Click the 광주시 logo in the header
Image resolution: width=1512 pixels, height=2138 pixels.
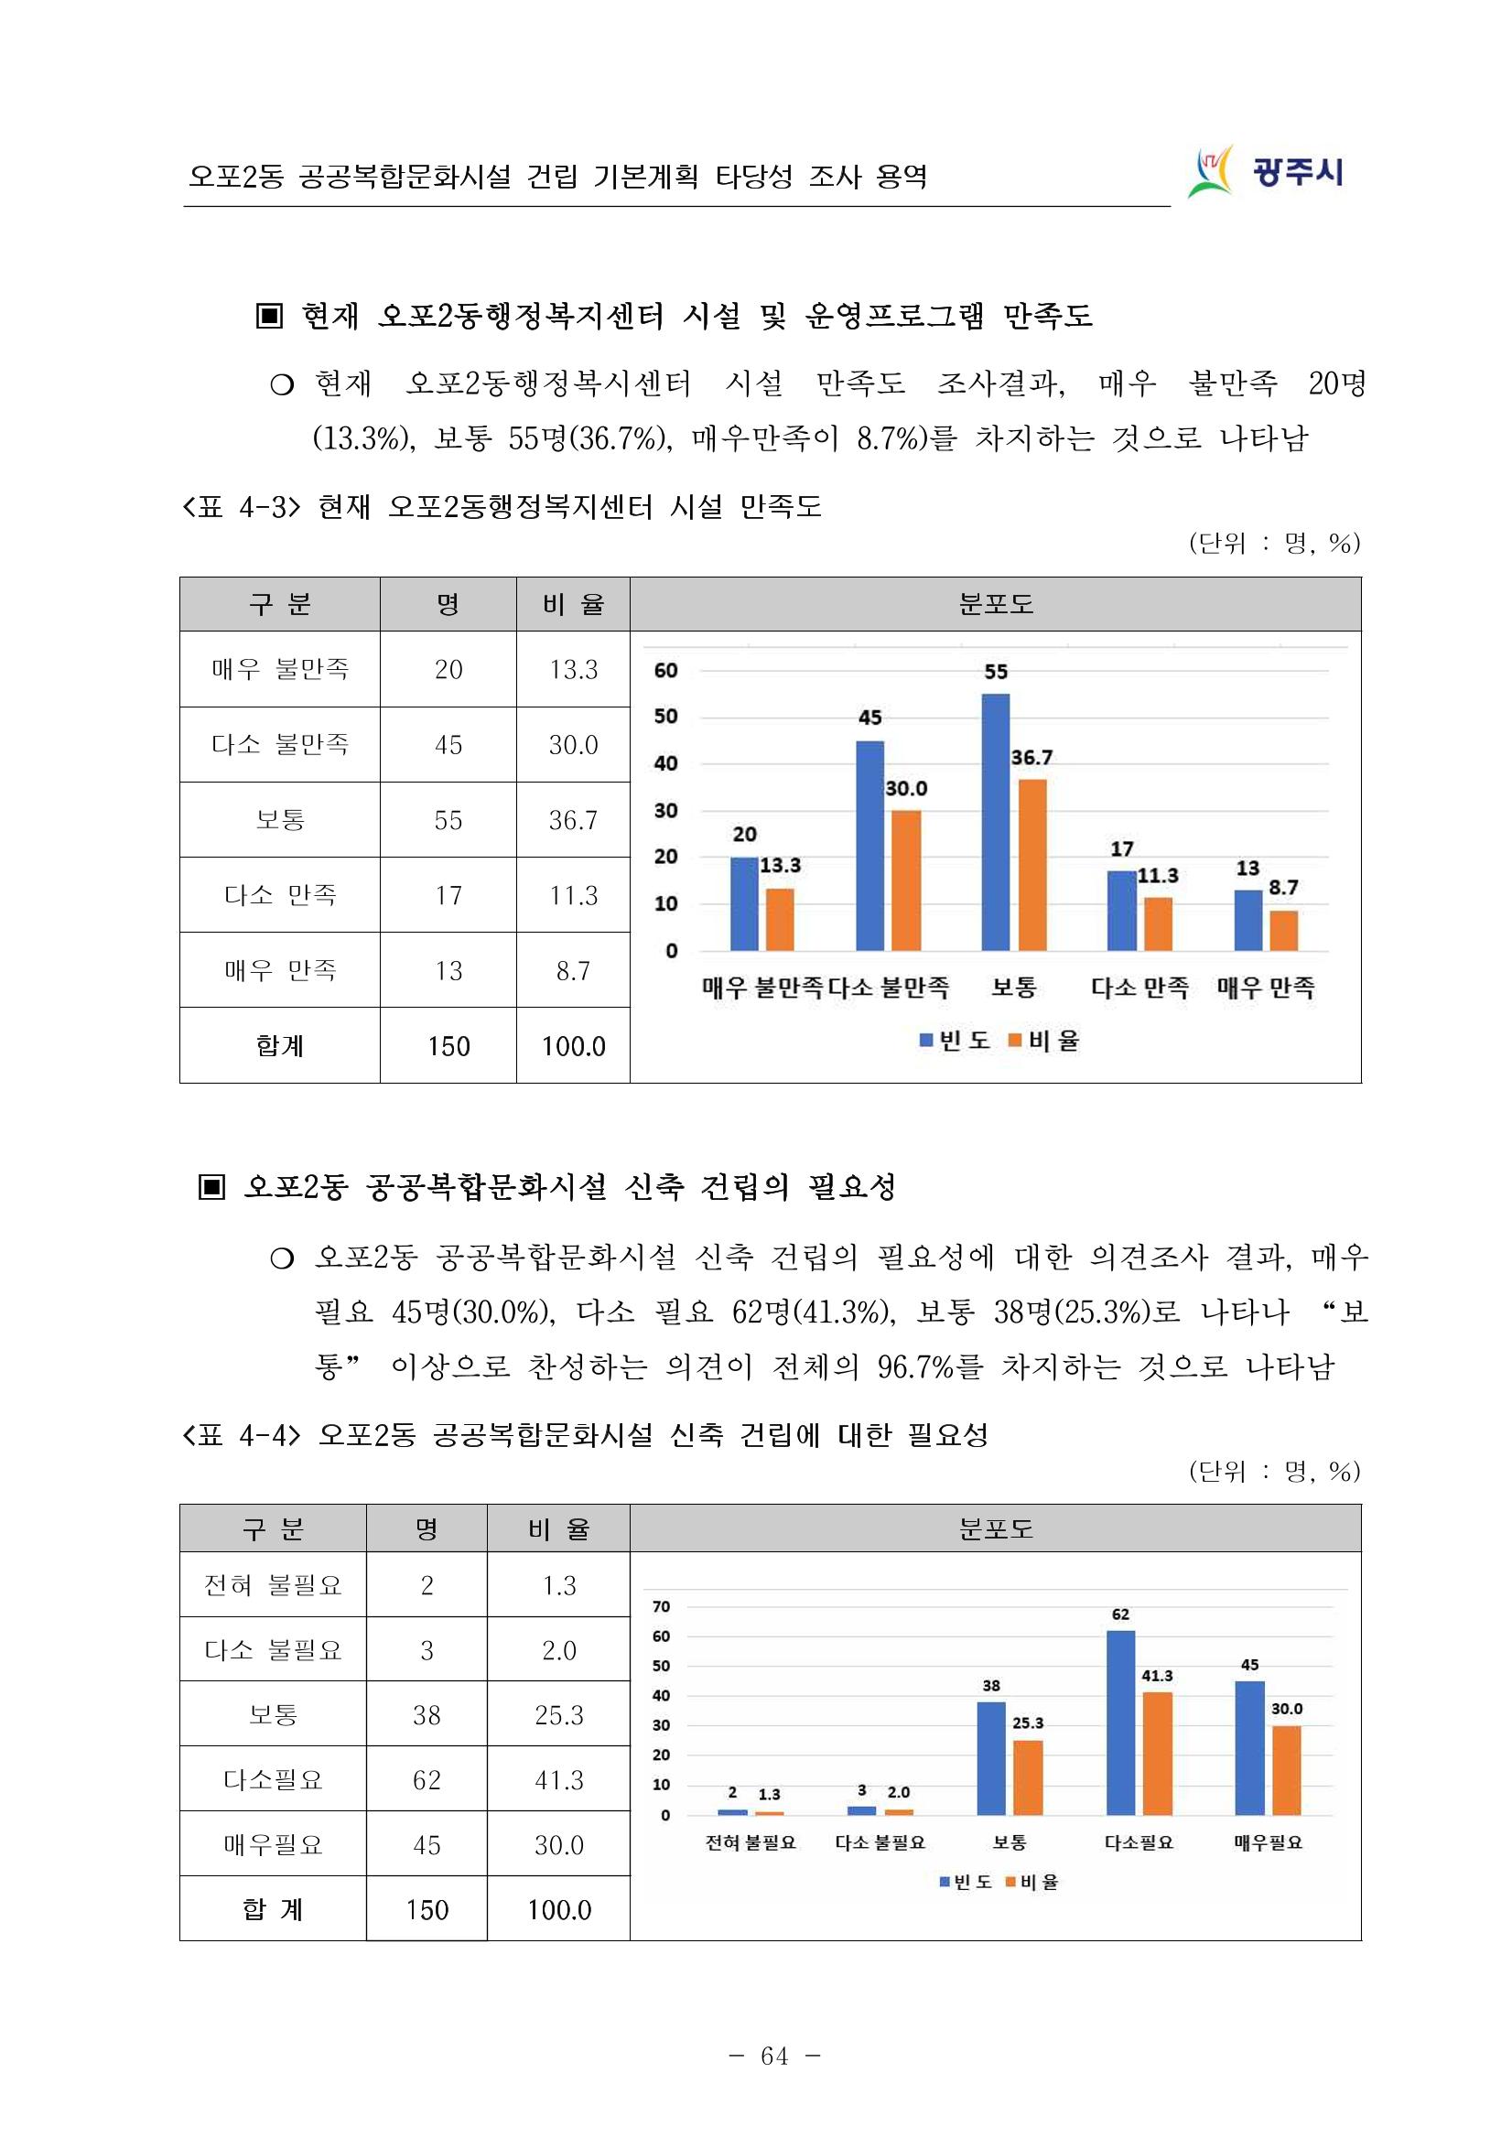click(1266, 172)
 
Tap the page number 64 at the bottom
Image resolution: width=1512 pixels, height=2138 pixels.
click(773, 2055)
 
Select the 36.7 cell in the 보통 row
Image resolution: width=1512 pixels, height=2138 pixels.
click(573, 820)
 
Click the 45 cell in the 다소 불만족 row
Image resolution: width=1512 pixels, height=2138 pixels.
click(448, 745)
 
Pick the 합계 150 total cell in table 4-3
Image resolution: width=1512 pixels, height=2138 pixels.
click(448, 1046)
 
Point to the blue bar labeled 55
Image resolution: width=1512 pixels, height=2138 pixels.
click(995, 822)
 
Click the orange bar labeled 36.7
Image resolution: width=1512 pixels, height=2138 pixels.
click(1031, 864)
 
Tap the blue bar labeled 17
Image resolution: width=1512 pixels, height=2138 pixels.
click(1122, 911)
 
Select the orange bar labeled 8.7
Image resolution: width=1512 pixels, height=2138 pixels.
click(1284, 930)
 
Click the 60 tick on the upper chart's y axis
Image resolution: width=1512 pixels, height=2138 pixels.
click(665, 671)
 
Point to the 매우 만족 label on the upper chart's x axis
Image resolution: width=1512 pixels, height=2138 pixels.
click(1265, 987)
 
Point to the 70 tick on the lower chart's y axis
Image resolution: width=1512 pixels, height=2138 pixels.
click(661, 1606)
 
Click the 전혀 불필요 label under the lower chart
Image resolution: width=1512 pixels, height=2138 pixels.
click(751, 1842)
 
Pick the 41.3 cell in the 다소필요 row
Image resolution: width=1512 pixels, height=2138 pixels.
click(558, 1780)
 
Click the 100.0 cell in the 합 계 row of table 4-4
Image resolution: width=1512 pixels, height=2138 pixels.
click(558, 1910)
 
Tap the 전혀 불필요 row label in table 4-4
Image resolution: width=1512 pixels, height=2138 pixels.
click(273, 1585)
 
